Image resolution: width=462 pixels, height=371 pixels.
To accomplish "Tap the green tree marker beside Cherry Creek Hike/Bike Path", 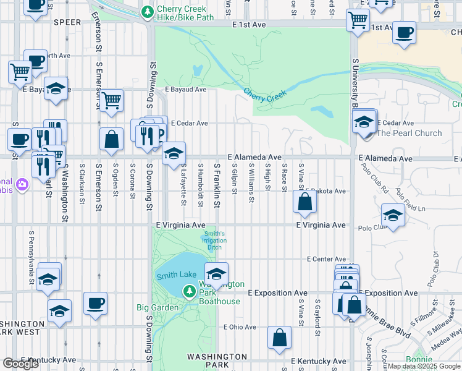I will tap(147, 12).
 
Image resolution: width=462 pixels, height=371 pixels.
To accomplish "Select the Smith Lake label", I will tap(175, 276).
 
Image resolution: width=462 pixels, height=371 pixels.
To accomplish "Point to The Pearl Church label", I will tap(409, 133).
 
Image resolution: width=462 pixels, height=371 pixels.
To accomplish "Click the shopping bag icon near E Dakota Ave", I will tap(305, 202).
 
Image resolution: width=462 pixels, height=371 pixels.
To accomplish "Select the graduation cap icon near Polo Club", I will tap(393, 215).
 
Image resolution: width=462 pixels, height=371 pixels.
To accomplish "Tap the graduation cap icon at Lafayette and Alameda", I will tap(174, 152).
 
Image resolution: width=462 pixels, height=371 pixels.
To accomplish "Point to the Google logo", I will tap(20, 364).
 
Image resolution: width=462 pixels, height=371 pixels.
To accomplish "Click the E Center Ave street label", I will tap(326, 259).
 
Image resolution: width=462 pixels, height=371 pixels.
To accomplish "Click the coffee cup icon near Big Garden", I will tap(95, 303).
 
